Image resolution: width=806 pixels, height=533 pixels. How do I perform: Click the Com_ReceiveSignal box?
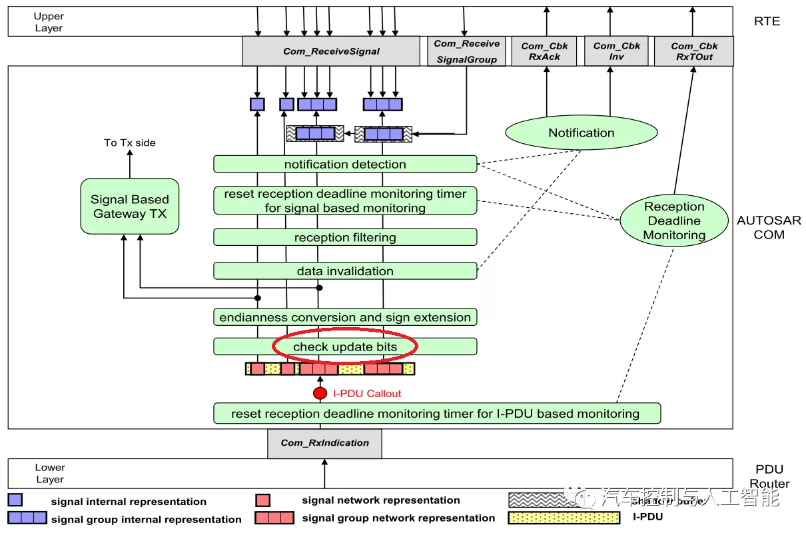(x=331, y=51)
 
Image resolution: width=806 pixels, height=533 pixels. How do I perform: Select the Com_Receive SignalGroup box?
(x=466, y=51)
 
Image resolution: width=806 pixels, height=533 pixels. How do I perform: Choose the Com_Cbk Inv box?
(x=616, y=51)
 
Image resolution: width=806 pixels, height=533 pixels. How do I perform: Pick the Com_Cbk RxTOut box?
(x=694, y=51)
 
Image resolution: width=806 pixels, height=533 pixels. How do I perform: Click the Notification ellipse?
(x=581, y=133)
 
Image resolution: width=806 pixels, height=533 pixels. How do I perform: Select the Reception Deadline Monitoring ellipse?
(x=674, y=221)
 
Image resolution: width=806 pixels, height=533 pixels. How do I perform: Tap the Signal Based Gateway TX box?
(x=130, y=207)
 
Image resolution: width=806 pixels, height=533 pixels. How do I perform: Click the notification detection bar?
(x=345, y=164)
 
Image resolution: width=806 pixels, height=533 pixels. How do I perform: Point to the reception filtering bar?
(x=345, y=237)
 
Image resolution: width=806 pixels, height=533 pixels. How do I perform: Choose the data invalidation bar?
(x=345, y=271)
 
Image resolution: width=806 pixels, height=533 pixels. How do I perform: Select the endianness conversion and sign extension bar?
(x=345, y=317)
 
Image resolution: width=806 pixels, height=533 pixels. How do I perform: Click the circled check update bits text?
(x=345, y=347)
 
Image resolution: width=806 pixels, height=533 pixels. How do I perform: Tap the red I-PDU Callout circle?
(x=320, y=393)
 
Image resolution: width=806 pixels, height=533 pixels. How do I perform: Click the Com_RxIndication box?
(x=324, y=443)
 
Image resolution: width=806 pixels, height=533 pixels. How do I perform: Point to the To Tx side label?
(x=129, y=143)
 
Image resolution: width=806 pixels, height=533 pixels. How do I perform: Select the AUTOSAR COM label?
(x=769, y=227)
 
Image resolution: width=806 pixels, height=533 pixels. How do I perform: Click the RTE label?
(x=767, y=21)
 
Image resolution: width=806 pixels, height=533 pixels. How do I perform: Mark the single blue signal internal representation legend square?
(x=15, y=500)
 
